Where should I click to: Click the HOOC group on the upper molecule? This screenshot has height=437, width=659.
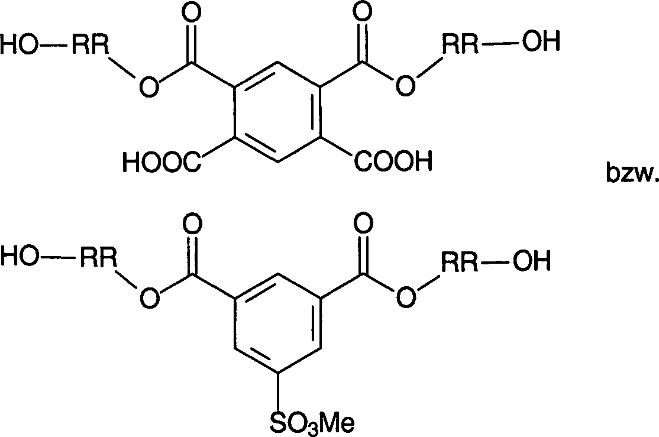(162, 162)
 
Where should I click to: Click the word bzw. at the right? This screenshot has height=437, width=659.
(632, 172)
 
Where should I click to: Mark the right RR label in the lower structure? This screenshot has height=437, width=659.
(460, 261)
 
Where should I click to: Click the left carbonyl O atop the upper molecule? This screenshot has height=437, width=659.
(192, 13)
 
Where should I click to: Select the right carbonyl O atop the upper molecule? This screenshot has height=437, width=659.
(362, 13)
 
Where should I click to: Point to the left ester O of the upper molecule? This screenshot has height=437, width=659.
(150, 87)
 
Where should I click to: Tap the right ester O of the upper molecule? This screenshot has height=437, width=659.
(405, 86)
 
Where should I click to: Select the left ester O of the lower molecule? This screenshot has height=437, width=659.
(150, 298)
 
